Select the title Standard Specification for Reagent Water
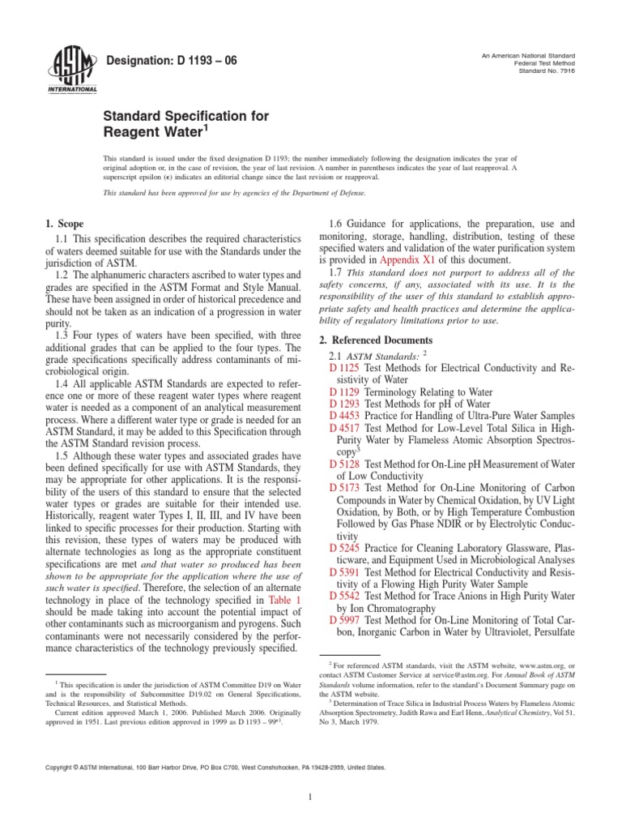pos(185,123)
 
